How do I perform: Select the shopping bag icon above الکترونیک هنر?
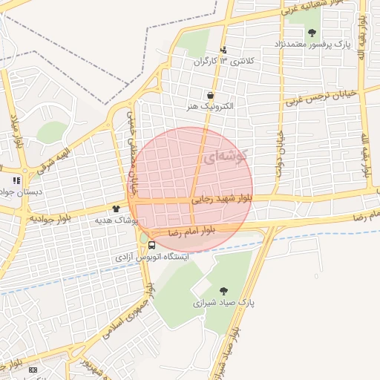click(x=212, y=96)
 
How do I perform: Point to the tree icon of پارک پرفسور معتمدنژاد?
click(x=312, y=33)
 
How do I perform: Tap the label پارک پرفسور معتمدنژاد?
click(x=312, y=44)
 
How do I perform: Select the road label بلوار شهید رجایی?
click(x=222, y=199)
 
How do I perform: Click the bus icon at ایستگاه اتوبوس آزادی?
click(x=151, y=245)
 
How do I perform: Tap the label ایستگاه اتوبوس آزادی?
click(x=152, y=256)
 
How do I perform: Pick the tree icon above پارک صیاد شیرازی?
click(x=224, y=291)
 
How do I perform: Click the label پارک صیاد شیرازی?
click(x=224, y=303)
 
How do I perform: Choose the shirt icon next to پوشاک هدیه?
click(x=116, y=209)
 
